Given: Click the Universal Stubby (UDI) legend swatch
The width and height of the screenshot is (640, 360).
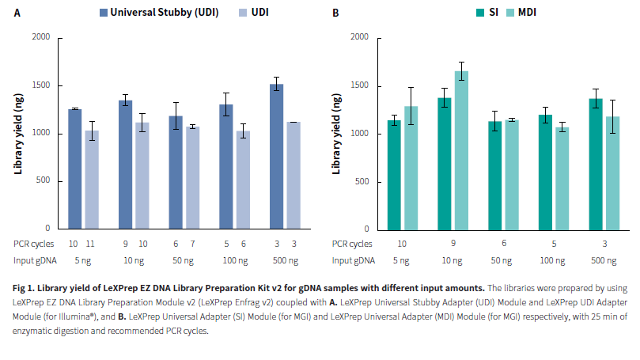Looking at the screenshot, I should [x=104, y=13].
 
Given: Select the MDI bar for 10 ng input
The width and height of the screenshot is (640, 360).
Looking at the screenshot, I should [x=461, y=150].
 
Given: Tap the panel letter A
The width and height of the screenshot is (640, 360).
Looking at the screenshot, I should [x=17, y=13].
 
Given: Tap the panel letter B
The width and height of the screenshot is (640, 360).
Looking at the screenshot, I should [x=335, y=13].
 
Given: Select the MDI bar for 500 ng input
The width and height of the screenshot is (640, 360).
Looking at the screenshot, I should [x=612, y=173].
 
